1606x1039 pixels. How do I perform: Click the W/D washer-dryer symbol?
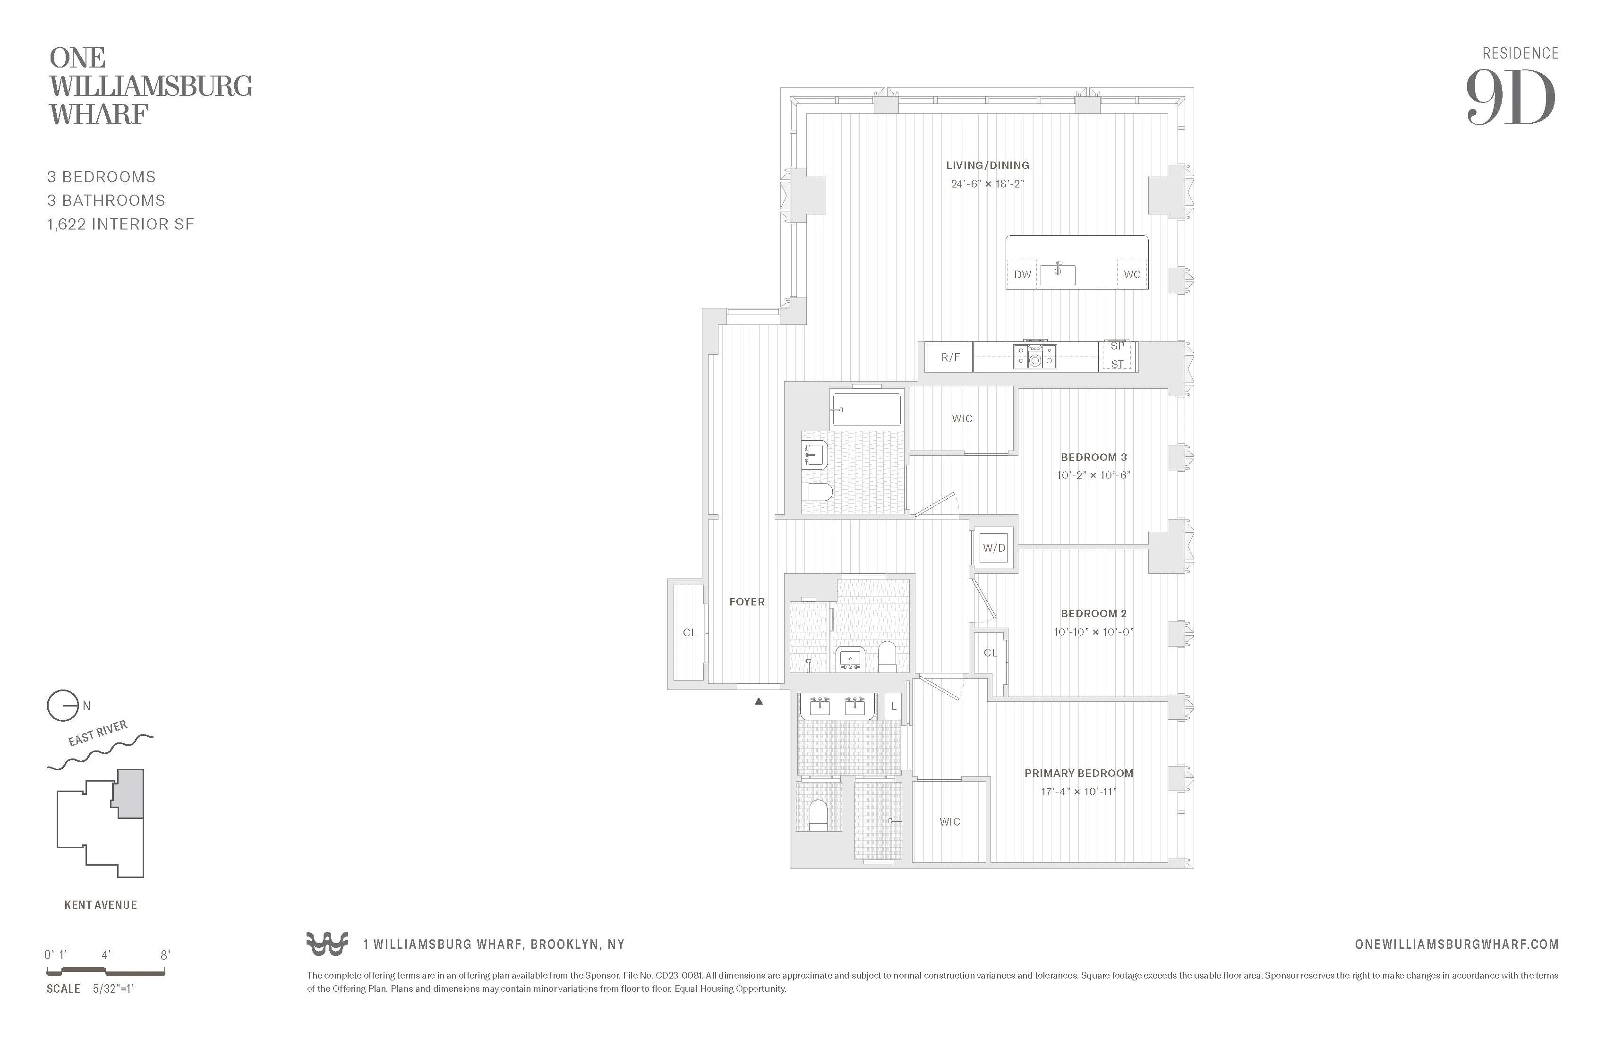(993, 548)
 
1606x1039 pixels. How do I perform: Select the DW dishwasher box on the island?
(1022, 274)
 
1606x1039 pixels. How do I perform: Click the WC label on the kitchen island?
(1132, 274)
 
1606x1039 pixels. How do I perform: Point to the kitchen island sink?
(1058, 274)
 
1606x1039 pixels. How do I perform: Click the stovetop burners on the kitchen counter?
(1034, 356)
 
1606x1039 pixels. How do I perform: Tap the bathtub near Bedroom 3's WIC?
(866, 409)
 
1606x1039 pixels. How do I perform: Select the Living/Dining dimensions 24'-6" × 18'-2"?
(987, 184)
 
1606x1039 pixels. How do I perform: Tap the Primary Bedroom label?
(1078, 773)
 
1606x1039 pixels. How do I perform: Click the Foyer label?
(746, 602)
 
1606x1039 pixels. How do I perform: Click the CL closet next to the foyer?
(689, 632)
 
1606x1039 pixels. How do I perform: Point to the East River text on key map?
(98, 733)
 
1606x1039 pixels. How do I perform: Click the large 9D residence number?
(1510, 99)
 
